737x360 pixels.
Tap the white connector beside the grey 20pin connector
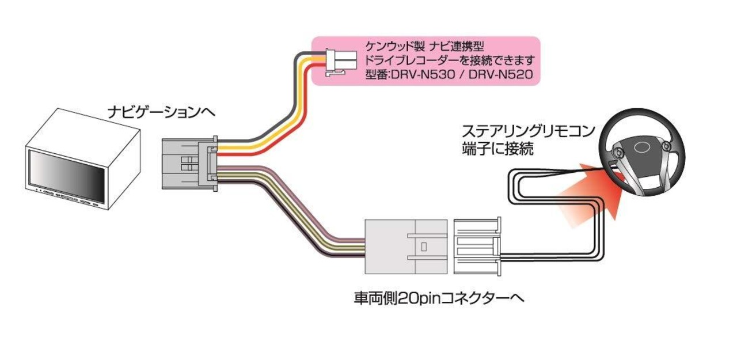477,247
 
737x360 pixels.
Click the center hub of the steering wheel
640,147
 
